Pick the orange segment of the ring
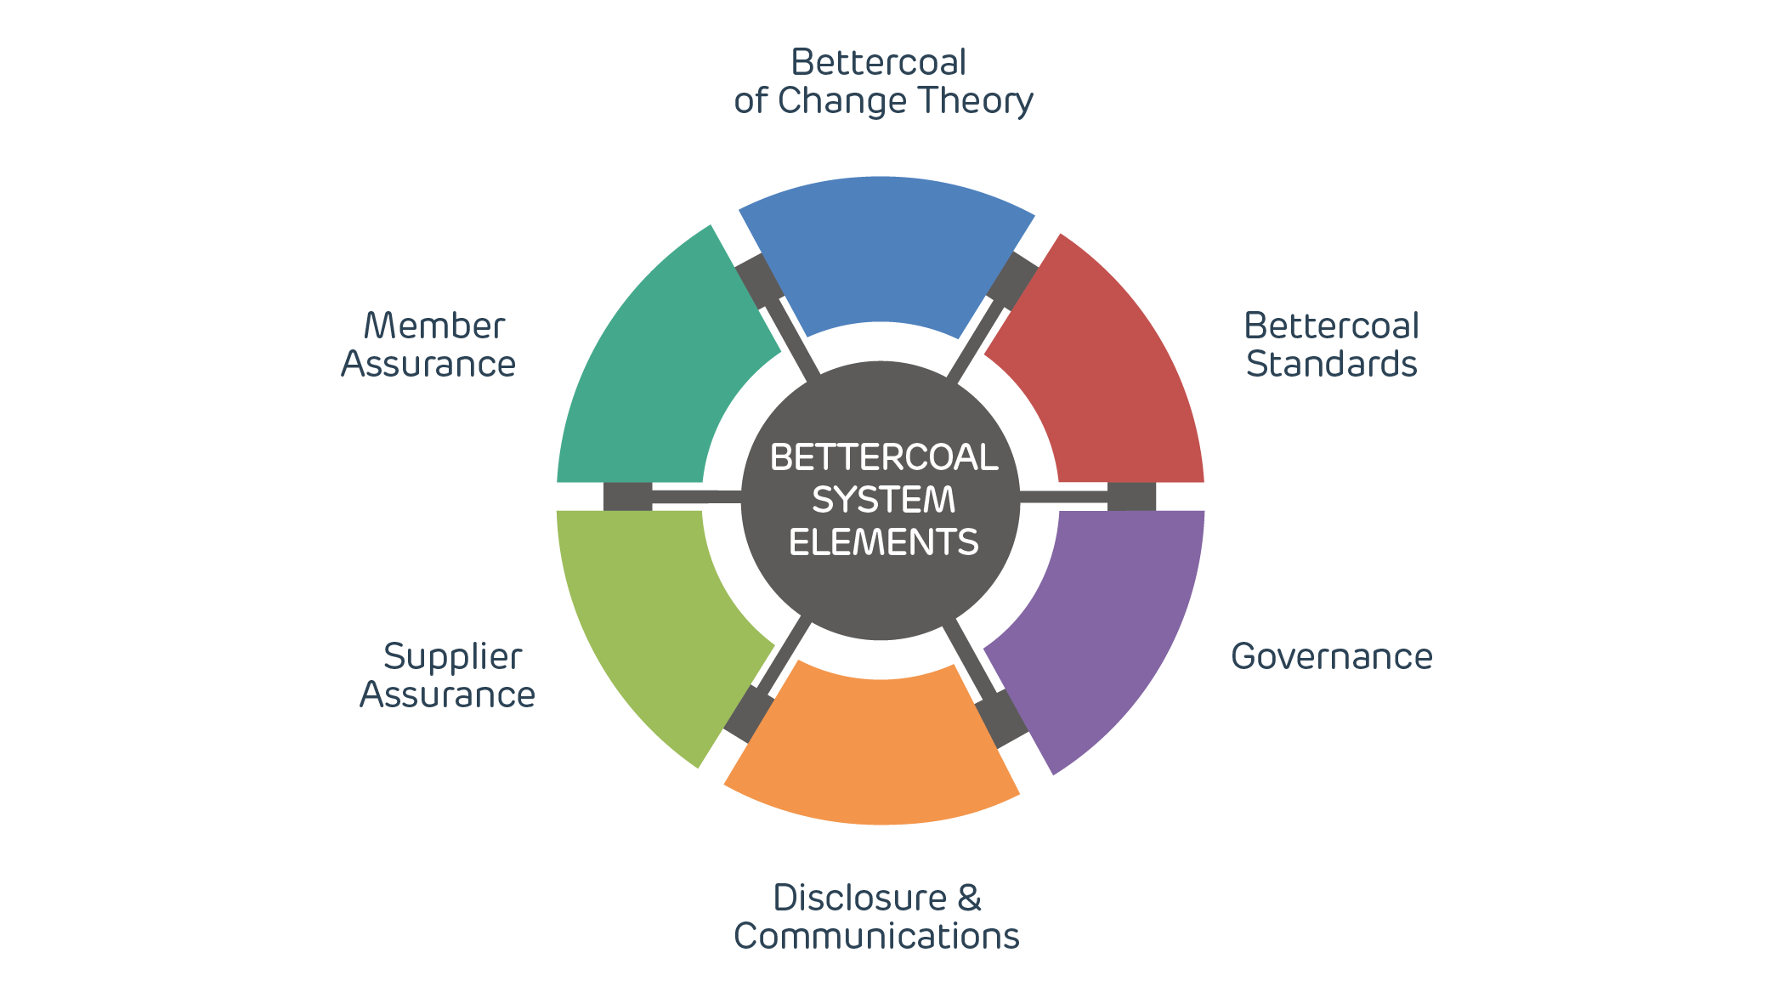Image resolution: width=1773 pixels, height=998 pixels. click(875, 748)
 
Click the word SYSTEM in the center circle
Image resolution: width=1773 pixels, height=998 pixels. click(884, 500)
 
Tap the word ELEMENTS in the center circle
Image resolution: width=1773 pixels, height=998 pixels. click(884, 542)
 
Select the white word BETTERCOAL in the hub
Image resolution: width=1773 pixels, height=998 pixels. click(884, 457)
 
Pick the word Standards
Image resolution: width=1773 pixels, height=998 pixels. click(1331, 364)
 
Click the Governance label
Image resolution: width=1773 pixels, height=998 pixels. click(1331, 656)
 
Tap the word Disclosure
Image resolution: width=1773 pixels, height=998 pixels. click(859, 898)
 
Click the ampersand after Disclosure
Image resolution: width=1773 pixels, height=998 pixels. click(969, 898)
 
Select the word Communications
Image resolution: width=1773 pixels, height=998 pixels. click(876, 936)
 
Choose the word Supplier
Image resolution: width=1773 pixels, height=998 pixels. click(452, 657)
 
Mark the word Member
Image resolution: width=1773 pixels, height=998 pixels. click(434, 326)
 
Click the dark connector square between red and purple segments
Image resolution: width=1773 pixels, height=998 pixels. click(1131, 496)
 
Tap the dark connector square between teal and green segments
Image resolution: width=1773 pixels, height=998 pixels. click(627, 496)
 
